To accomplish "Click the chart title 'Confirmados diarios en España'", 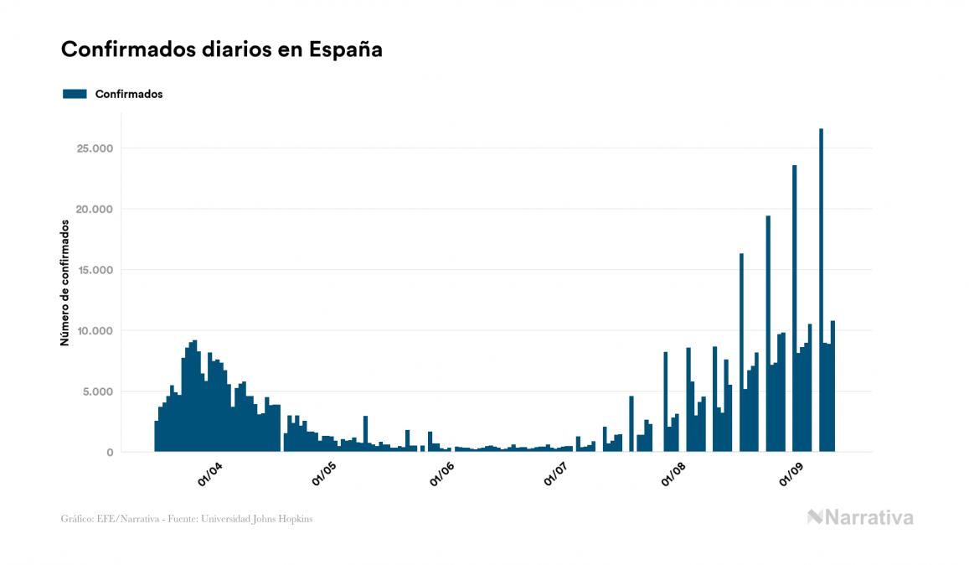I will (x=222, y=49).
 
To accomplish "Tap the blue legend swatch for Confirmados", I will (x=75, y=94).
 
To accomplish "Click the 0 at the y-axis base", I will (x=110, y=453).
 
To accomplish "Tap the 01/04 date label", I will (x=210, y=474).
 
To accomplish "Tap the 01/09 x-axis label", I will (x=791, y=474).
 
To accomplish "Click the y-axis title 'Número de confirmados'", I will (x=64, y=283).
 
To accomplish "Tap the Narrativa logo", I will (x=860, y=517).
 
